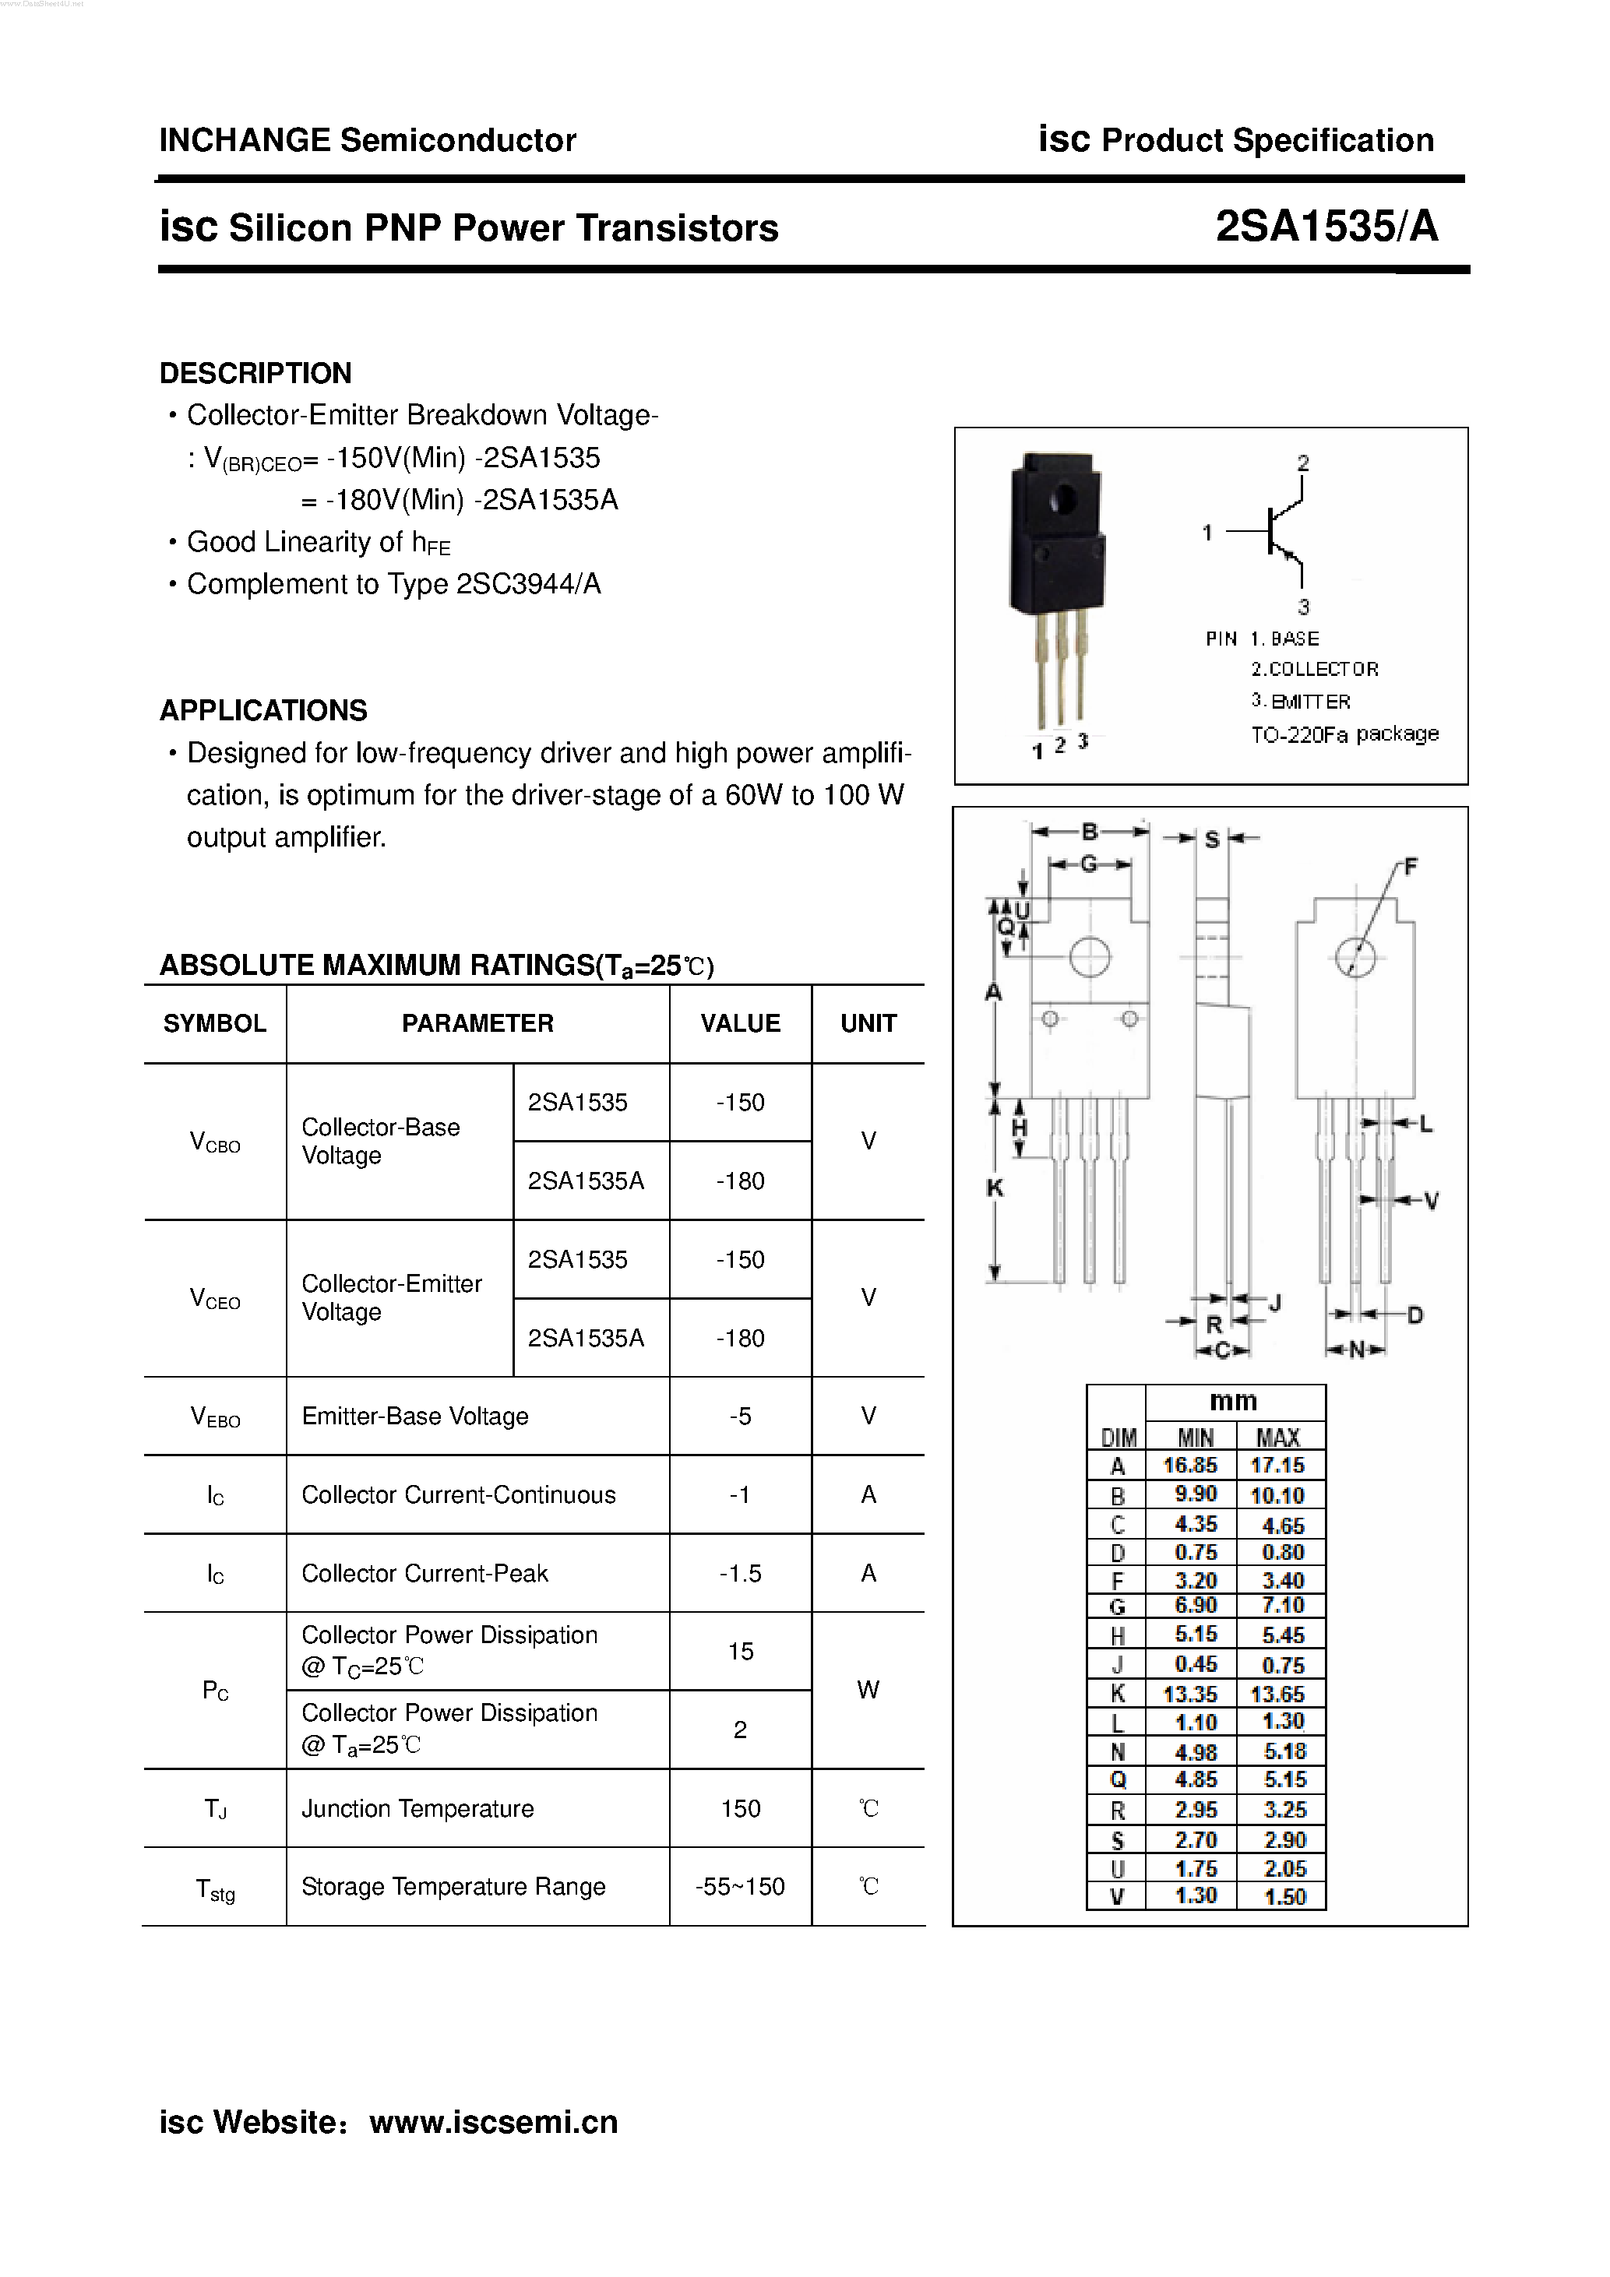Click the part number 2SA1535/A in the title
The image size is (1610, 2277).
tap(1326, 227)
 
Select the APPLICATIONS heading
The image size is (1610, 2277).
tap(262, 710)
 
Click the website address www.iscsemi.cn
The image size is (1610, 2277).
tap(493, 2121)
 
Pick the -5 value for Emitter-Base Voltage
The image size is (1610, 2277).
tap(740, 1417)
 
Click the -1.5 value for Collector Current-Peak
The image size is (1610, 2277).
tap(740, 1573)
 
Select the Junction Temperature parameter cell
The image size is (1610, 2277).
tap(417, 1808)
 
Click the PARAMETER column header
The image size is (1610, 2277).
tap(477, 1023)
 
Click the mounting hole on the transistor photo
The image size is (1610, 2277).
tap(1066, 497)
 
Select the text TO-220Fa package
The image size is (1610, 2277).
tap(1344, 734)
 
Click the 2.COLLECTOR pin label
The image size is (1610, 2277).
tap(1314, 670)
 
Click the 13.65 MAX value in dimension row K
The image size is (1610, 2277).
tap(1277, 1694)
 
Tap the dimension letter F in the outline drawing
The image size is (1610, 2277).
tap(1411, 867)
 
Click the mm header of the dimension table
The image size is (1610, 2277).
tap(1233, 1401)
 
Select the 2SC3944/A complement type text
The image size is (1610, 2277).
tap(528, 584)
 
